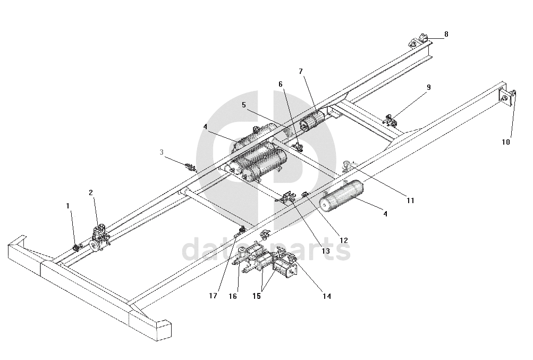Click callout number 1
pyautogui.click(x=67, y=205)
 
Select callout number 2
pyautogui.click(x=91, y=193)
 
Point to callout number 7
pyautogui.click(x=301, y=71)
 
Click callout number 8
pyautogui.click(x=446, y=34)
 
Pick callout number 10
pyautogui.click(x=505, y=142)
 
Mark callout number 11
pyautogui.click(x=410, y=200)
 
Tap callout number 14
pyautogui.click(x=326, y=296)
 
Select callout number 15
pyautogui.click(x=257, y=296)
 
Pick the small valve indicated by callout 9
pyautogui.click(x=391, y=120)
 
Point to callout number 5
pyautogui.click(x=244, y=105)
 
